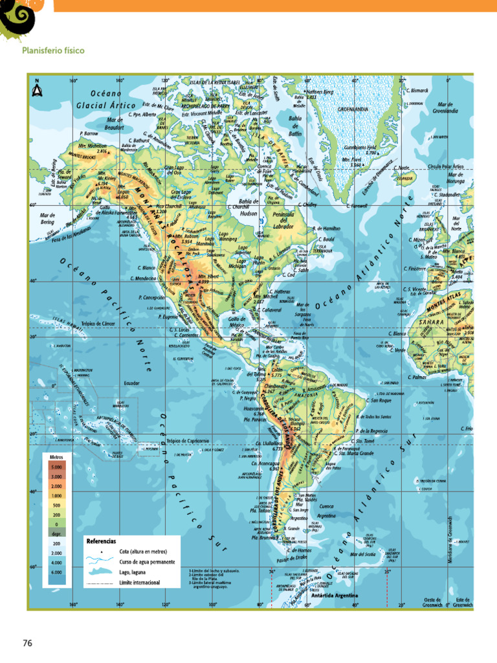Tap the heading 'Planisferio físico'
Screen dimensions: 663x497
[53, 51]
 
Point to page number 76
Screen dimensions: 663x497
[27, 643]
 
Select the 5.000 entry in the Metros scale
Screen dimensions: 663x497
[56, 466]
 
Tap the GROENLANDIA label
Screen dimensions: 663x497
[353, 109]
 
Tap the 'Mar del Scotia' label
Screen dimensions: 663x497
[362, 554]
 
